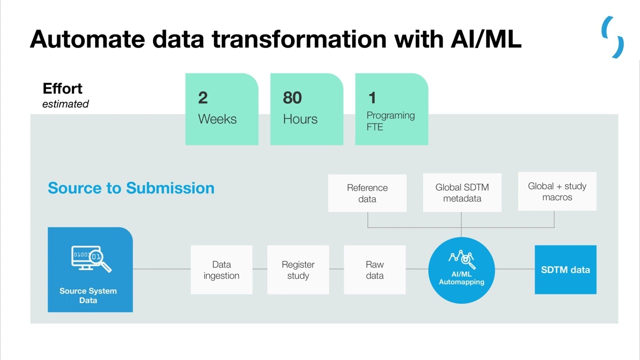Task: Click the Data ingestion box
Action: [x=221, y=270]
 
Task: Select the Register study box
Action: [x=298, y=270]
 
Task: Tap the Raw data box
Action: [x=374, y=270]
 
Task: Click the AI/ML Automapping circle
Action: [x=461, y=270]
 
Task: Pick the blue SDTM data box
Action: [x=565, y=269]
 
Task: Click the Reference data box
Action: [x=367, y=193]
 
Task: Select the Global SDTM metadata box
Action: [x=462, y=193]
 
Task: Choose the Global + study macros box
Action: [x=557, y=191]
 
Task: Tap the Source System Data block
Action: [x=90, y=270]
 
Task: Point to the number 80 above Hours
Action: [x=292, y=97]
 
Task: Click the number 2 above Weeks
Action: [x=202, y=97]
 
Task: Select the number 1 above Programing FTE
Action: [x=371, y=97]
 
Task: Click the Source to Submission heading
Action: [x=131, y=188]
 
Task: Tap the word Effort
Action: [x=62, y=88]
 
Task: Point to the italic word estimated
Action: [x=65, y=104]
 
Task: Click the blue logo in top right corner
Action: [x=613, y=37]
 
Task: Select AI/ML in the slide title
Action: [x=485, y=39]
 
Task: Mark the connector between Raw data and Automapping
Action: [x=417, y=269]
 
